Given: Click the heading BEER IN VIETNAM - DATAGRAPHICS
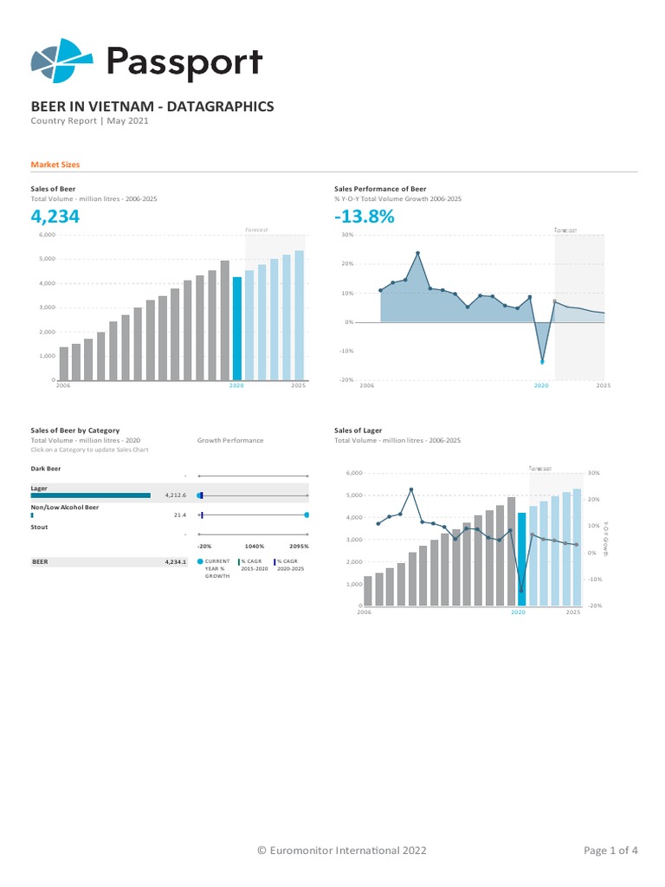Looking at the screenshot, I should [152, 107].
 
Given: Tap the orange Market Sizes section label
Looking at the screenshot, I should [55, 164].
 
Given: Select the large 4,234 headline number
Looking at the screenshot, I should [55, 217].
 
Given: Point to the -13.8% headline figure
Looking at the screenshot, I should [365, 217].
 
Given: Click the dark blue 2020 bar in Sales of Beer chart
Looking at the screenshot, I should [237, 328].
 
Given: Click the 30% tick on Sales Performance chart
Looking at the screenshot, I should [347, 235].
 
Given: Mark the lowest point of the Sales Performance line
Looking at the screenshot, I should [543, 361].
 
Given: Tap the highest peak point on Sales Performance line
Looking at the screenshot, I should [418, 253].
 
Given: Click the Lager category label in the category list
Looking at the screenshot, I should [39, 489].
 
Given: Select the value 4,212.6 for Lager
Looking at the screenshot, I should [175, 495].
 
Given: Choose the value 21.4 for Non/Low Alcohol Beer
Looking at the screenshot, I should [180, 515].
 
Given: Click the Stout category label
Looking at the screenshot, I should [40, 527].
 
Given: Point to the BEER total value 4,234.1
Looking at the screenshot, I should [175, 562].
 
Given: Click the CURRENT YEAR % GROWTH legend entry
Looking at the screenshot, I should [216, 568].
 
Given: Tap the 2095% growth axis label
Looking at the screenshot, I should [300, 547].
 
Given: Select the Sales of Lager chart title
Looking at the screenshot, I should [358, 430].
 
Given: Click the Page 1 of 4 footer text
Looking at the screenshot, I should [610, 851].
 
